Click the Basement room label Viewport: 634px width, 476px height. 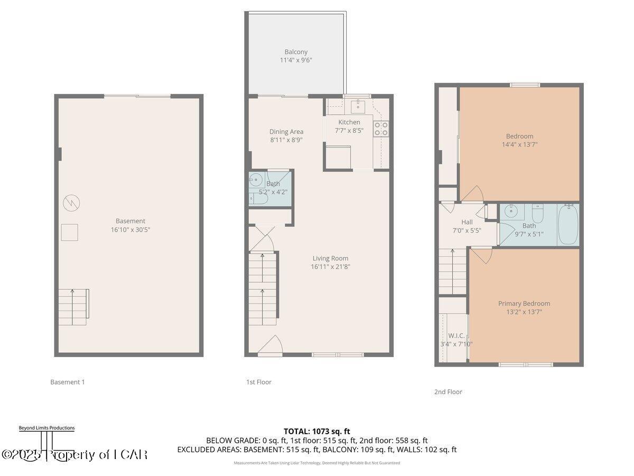click(130, 221)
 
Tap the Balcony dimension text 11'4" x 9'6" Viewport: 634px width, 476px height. click(296, 60)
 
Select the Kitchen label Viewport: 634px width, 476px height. click(349, 122)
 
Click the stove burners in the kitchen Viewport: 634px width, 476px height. click(381, 129)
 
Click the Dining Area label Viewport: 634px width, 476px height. click(286, 132)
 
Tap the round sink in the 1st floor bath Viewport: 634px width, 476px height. click(256, 179)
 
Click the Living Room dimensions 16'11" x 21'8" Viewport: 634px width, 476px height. click(330, 267)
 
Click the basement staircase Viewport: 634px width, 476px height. click(73, 307)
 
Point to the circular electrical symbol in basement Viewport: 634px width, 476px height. click(70, 203)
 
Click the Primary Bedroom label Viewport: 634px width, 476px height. click(524, 304)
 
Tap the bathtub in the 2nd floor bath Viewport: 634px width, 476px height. click(568, 225)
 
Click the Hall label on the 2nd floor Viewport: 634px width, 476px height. click(467, 222)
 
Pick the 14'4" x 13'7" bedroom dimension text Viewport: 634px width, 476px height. click(520, 144)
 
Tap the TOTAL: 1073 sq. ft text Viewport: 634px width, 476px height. click(317, 431)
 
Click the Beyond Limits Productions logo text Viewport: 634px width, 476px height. click(46, 428)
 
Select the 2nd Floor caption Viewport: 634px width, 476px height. click(448, 392)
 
